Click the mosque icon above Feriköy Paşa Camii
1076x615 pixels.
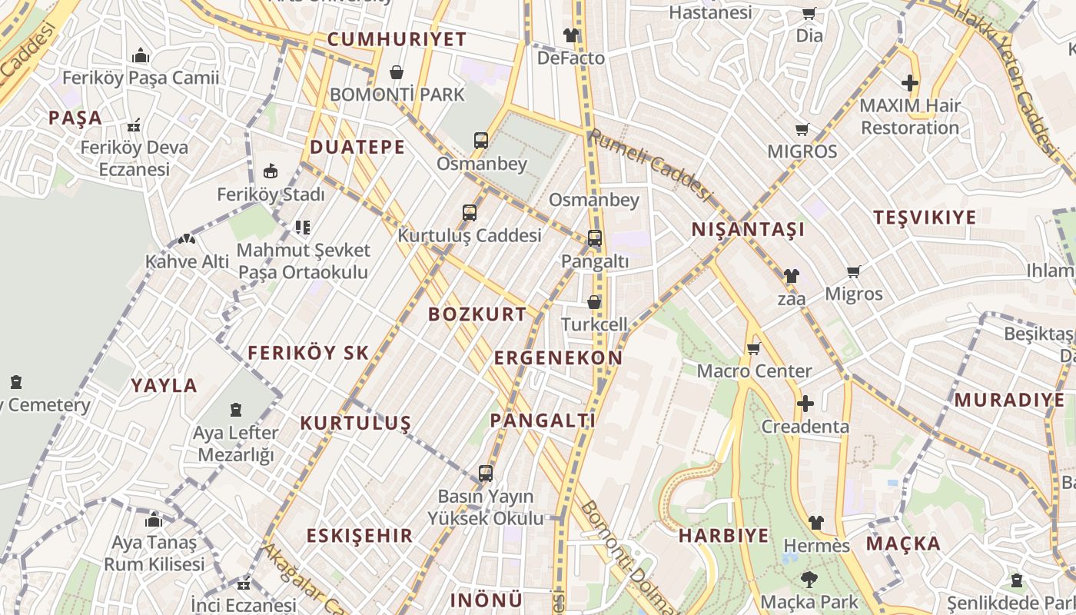[x=140, y=55]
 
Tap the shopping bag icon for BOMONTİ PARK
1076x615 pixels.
[x=397, y=72]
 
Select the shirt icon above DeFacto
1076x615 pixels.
[x=571, y=35]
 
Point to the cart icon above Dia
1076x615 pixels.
[x=809, y=13]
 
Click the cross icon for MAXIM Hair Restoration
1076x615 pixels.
[x=910, y=82]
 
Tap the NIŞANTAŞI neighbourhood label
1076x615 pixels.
[x=748, y=229]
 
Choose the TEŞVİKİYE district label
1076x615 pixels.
[x=925, y=218]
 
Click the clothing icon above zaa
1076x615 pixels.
[x=791, y=276]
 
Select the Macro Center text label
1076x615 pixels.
[x=754, y=371]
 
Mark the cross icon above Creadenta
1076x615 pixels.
[x=805, y=404]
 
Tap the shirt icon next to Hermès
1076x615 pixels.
[x=816, y=523]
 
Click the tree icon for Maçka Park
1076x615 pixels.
[x=809, y=579]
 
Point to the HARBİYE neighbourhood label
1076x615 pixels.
[x=723, y=536]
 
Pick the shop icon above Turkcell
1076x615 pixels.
[x=594, y=302]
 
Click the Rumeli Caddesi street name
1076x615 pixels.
[x=649, y=164]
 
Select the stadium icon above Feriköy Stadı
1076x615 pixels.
[x=271, y=171]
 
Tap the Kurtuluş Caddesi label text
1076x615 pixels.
[x=469, y=236]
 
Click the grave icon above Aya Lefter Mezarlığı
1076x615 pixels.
[x=236, y=411]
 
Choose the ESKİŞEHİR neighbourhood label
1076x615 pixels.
[x=360, y=536]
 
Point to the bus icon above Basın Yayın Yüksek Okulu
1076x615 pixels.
[x=485, y=474]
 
